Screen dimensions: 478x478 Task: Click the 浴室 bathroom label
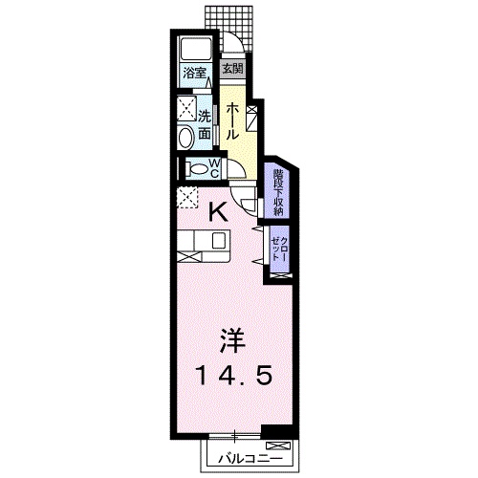click(x=195, y=70)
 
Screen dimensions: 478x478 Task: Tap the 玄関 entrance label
click(x=234, y=69)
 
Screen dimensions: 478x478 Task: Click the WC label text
click(x=215, y=168)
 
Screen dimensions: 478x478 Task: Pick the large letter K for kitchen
click(x=218, y=213)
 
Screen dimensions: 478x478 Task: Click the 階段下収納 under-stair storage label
click(x=278, y=190)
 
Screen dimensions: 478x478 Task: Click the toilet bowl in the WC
click(x=198, y=169)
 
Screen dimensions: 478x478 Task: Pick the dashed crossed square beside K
click(x=185, y=198)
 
